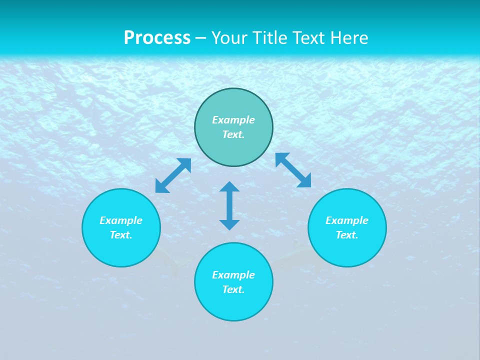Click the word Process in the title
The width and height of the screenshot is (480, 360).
pos(157,38)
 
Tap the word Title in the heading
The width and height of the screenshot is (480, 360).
pos(269,38)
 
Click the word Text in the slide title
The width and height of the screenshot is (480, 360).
pos(310,38)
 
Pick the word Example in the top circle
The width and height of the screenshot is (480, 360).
pos(233,120)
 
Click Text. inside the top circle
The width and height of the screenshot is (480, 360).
pos(233,134)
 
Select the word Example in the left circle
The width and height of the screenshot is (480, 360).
pos(121,220)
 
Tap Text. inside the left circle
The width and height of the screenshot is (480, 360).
pos(121,235)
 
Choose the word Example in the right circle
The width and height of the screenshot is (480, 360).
pos(347,220)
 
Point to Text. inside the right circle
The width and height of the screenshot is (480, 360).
pos(347,235)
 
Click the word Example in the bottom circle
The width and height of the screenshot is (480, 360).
pos(233,275)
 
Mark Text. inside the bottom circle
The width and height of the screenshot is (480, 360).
pos(233,289)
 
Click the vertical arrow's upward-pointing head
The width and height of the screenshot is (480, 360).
pos(229,186)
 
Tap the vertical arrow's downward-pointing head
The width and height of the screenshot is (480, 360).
pos(229,224)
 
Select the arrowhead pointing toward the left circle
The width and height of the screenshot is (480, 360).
pos(161,187)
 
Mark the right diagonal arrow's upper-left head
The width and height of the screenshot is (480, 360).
pos(281,158)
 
